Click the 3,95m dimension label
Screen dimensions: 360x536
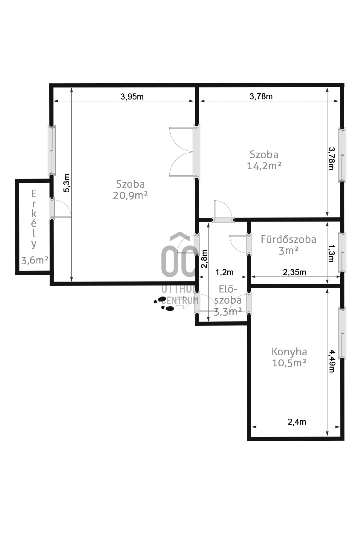(132, 96)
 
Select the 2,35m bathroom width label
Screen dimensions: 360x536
(294, 272)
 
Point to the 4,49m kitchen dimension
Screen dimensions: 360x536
(331, 361)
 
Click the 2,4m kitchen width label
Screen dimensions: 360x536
(297, 422)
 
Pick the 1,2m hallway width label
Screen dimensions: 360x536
(224, 272)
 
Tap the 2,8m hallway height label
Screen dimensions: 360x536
(204, 259)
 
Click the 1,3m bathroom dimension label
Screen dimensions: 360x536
(331, 253)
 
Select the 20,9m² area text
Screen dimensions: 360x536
(130, 195)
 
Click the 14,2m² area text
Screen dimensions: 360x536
(264, 166)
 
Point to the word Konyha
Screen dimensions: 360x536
(289, 352)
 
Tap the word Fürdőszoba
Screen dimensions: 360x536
(288, 239)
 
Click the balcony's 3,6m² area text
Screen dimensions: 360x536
(35, 260)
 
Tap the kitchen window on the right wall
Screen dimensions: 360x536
(342, 333)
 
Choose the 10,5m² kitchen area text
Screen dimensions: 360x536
(289, 363)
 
